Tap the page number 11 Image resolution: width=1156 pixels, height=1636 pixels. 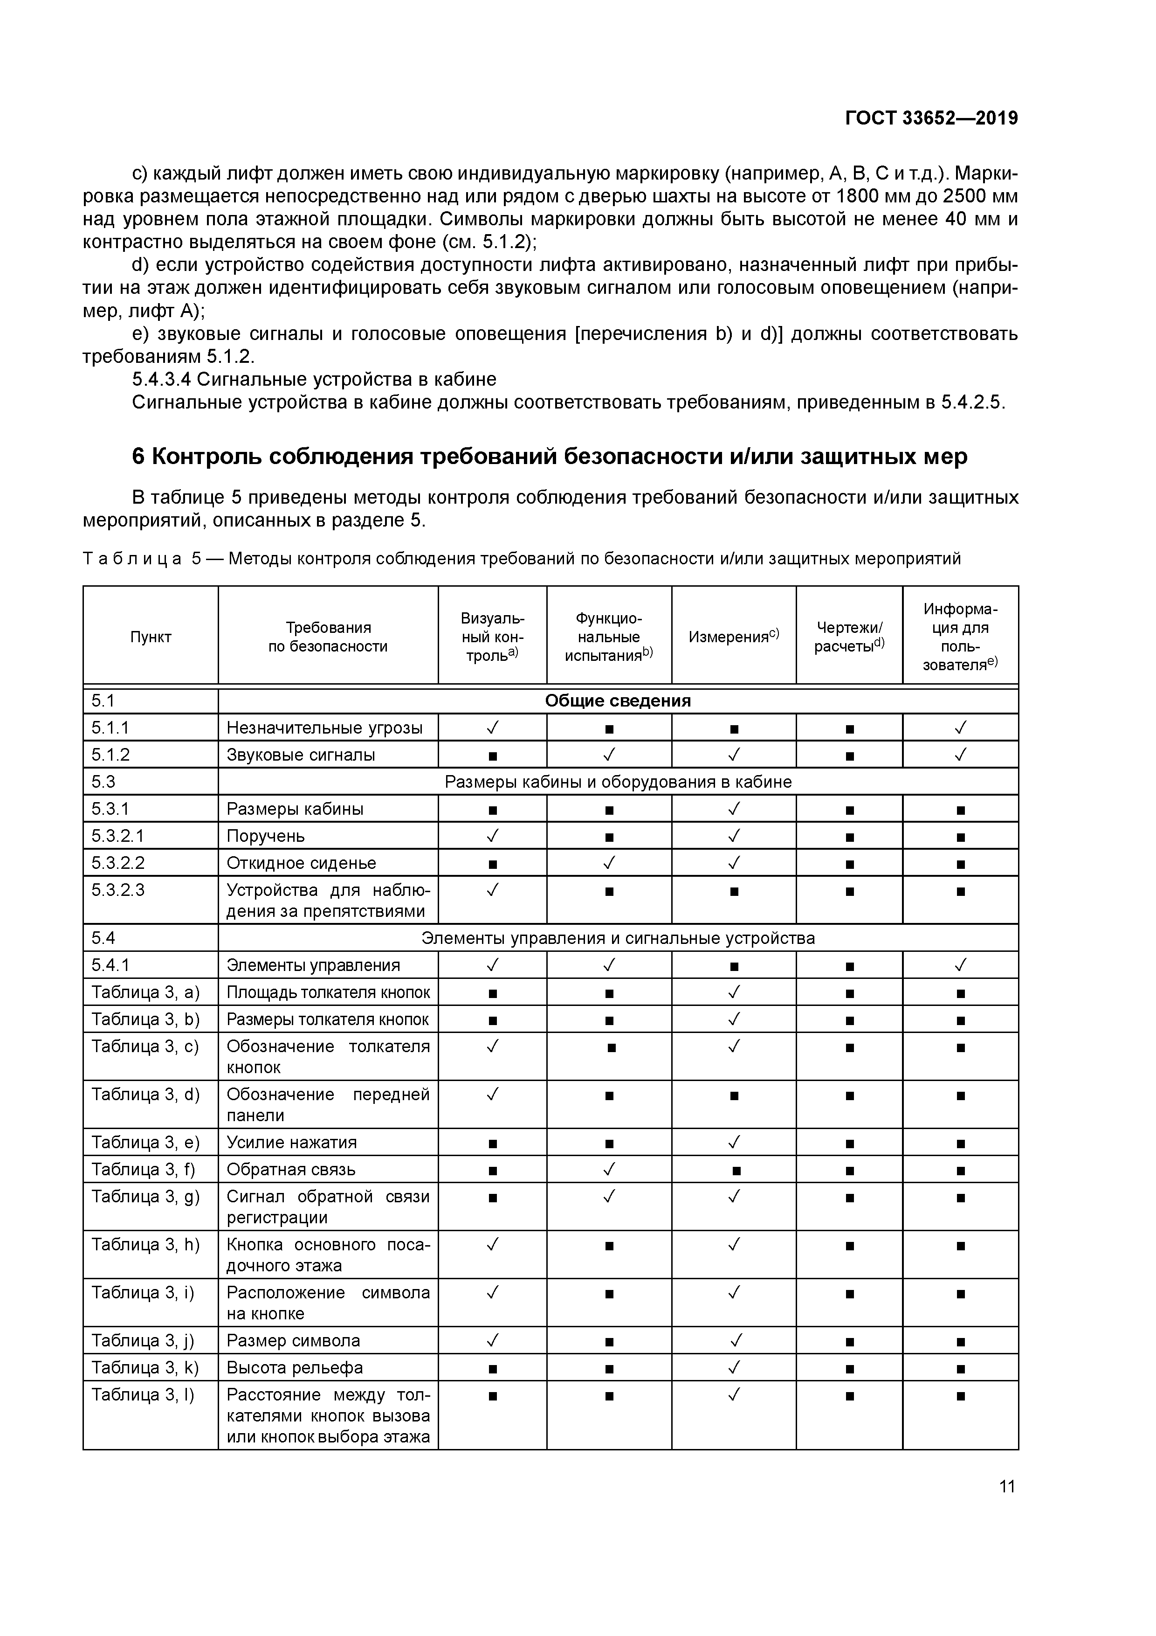tap(1006, 1486)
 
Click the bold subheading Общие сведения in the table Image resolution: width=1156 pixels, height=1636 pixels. tap(618, 701)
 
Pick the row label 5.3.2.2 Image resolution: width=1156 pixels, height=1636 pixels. tap(118, 863)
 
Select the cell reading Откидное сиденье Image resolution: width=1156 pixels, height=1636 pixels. tap(301, 863)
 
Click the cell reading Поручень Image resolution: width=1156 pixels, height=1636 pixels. tap(266, 836)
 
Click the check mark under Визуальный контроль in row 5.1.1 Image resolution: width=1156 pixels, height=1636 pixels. tap(492, 728)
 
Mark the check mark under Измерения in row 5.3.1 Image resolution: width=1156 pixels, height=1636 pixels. tap(734, 809)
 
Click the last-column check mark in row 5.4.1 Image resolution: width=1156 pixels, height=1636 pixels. tap(960, 965)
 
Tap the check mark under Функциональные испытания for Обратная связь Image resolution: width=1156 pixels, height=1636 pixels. tap(609, 1169)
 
